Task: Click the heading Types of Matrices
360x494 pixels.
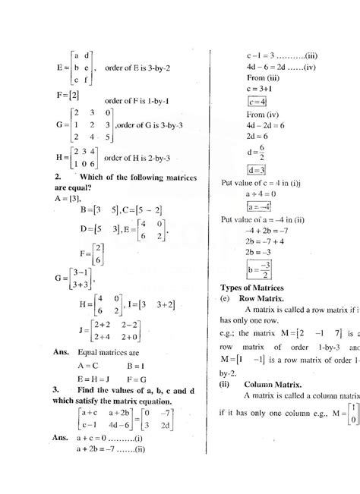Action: pos(251,288)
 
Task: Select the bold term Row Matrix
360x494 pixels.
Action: pos(262,299)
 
